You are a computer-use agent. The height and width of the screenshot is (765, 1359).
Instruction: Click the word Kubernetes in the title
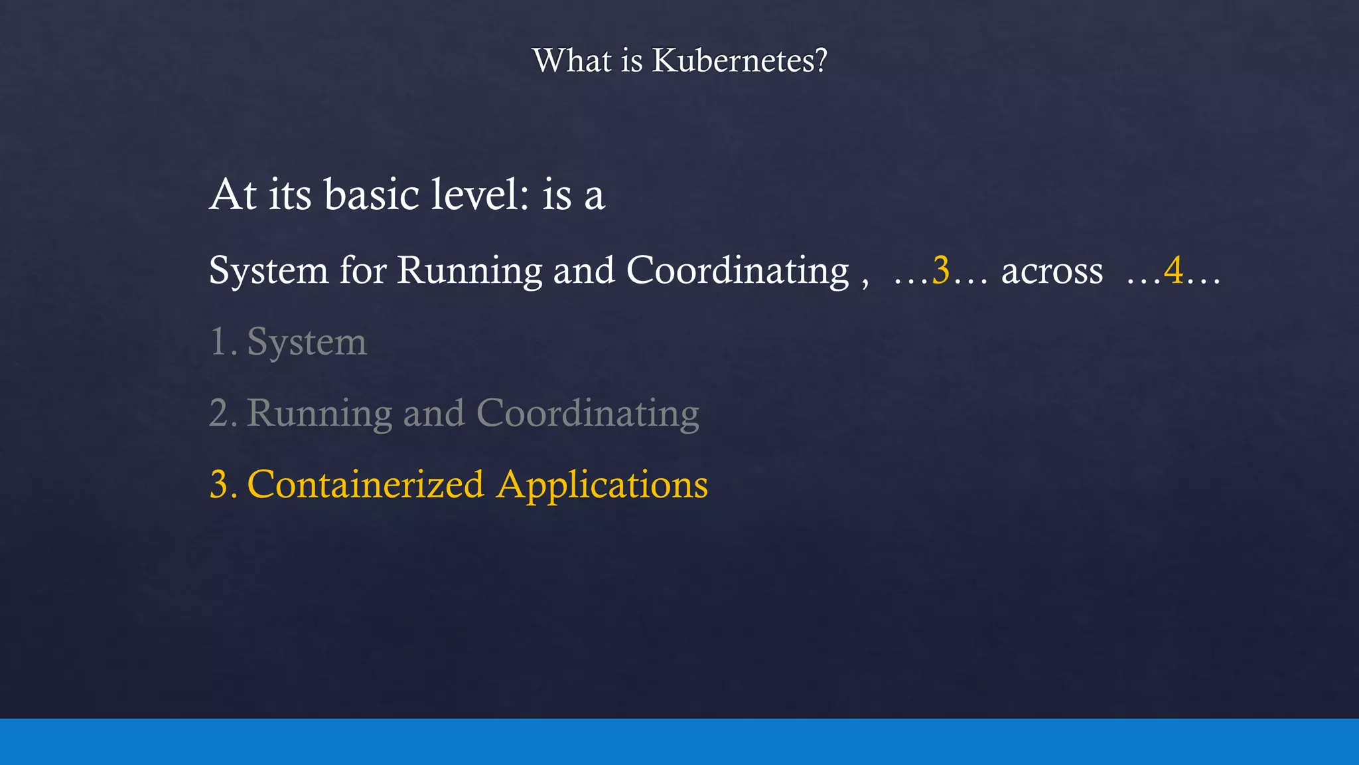739,60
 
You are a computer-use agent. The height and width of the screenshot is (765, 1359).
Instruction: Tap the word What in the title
571,60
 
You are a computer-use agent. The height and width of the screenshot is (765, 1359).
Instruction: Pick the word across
1052,271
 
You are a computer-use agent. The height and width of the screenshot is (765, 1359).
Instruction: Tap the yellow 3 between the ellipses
941,270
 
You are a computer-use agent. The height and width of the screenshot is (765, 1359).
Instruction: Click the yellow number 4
1173,270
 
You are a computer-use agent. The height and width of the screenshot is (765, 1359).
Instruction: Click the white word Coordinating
737,272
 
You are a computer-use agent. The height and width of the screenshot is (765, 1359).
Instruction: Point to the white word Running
470,272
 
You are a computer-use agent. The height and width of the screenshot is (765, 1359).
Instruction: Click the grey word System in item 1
307,343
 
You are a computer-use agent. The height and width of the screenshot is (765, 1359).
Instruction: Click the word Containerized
366,484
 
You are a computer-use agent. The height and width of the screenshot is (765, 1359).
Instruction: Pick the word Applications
603,485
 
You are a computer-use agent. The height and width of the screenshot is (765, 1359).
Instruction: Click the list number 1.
220,342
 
